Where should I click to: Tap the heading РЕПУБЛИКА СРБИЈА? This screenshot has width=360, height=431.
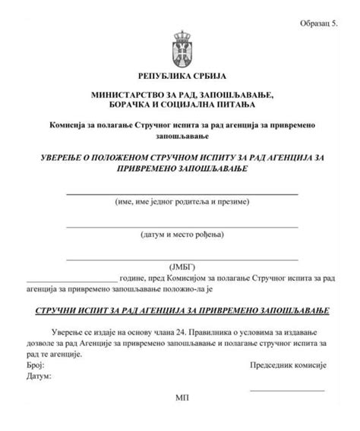coord(181,77)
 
